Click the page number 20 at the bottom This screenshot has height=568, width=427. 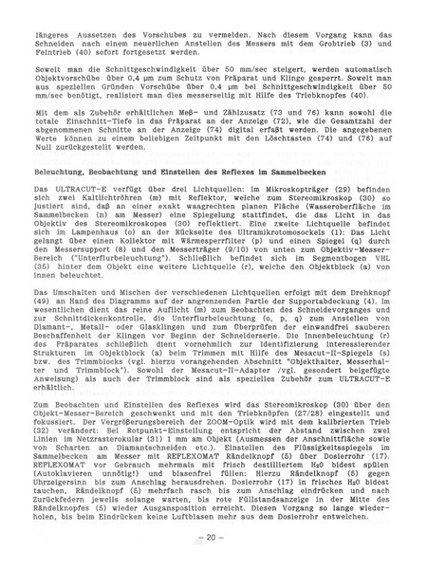click(213, 537)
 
